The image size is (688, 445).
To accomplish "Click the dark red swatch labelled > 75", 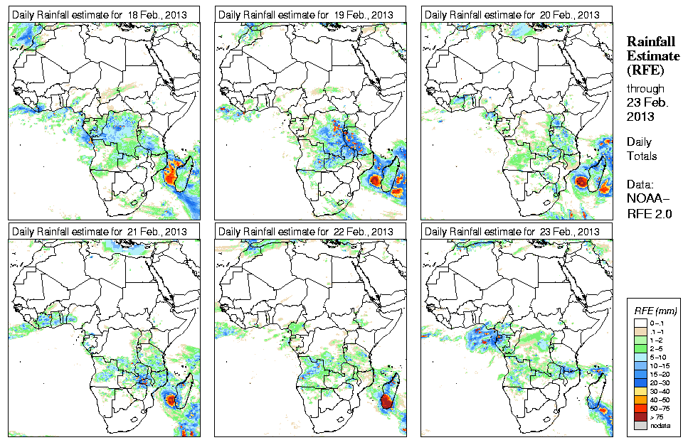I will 640,416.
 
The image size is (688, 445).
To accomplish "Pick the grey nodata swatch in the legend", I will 640,425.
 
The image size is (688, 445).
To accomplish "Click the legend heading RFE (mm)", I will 655,311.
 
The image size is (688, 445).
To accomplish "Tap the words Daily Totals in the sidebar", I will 642,149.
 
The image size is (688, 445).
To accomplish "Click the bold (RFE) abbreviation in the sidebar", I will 645,70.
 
